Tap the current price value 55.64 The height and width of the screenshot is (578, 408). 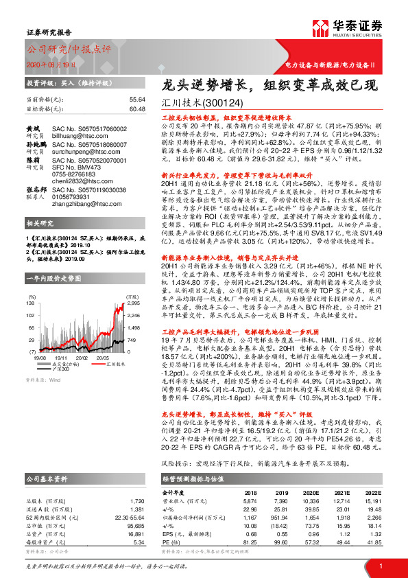(x=137, y=100)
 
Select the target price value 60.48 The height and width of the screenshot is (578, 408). (x=137, y=108)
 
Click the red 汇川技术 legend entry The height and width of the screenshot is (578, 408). (x=104, y=365)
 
